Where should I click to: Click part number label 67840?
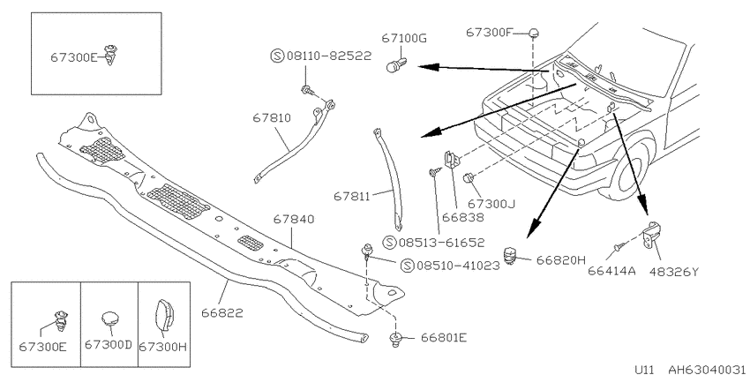(294, 220)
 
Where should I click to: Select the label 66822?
(222, 313)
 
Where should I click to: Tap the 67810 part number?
(272, 117)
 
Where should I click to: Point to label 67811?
(352, 196)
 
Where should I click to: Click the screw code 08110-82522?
(328, 56)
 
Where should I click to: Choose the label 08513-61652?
(441, 243)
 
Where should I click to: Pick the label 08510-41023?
(457, 266)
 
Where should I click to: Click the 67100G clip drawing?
(396, 64)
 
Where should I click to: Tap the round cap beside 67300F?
(535, 33)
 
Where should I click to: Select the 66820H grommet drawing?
(512, 255)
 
